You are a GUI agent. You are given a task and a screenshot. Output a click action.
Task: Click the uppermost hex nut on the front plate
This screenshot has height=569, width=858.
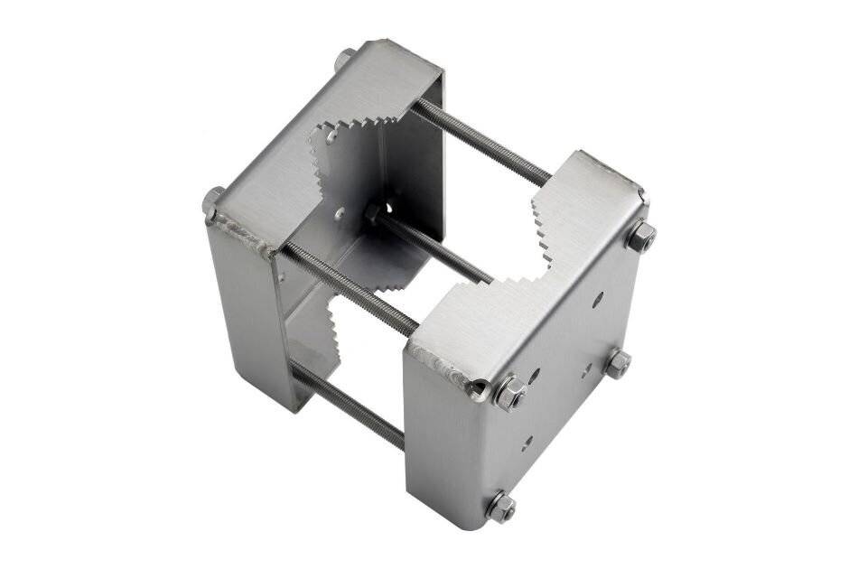pyautogui.click(x=640, y=237)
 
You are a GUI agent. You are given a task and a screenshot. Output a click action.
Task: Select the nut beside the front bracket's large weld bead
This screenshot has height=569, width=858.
pyautogui.click(x=508, y=393)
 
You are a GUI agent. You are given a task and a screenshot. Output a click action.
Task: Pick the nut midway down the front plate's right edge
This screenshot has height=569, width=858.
pyautogui.click(x=618, y=363)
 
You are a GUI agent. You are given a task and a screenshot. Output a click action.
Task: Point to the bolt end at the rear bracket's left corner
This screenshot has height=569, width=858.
pyautogui.click(x=213, y=201)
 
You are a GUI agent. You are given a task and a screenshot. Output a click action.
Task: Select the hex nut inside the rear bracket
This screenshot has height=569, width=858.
pyautogui.click(x=371, y=213)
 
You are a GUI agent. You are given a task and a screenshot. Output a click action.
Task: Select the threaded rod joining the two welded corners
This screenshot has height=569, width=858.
pyautogui.click(x=348, y=288)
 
